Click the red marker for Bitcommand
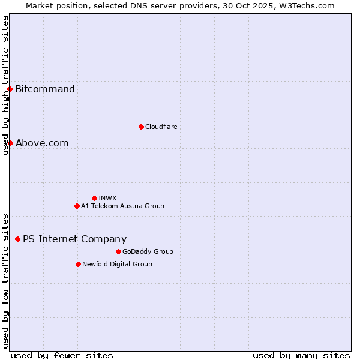(x=10, y=89)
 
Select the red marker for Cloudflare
(x=141, y=127)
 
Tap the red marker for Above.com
(x=10, y=143)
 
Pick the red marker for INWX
(x=94, y=198)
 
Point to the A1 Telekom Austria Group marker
(x=77, y=206)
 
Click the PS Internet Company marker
(x=17, y=239)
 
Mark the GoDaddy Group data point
(x=118, y=251)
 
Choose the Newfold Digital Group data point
(x=78, y=264)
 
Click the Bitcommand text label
(x=45, y=89)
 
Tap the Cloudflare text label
(x=161, y=127)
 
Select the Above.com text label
(x=42, y=143)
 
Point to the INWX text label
(x=107, y=198)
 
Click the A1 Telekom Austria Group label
(x=122, y=206)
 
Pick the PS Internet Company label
(x=74, y=239)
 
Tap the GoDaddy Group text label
(x=148, y=251)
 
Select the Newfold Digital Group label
(x=117, y=264)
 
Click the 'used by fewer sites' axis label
(x=62, y=355)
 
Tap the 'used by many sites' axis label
(x=301, y=355)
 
